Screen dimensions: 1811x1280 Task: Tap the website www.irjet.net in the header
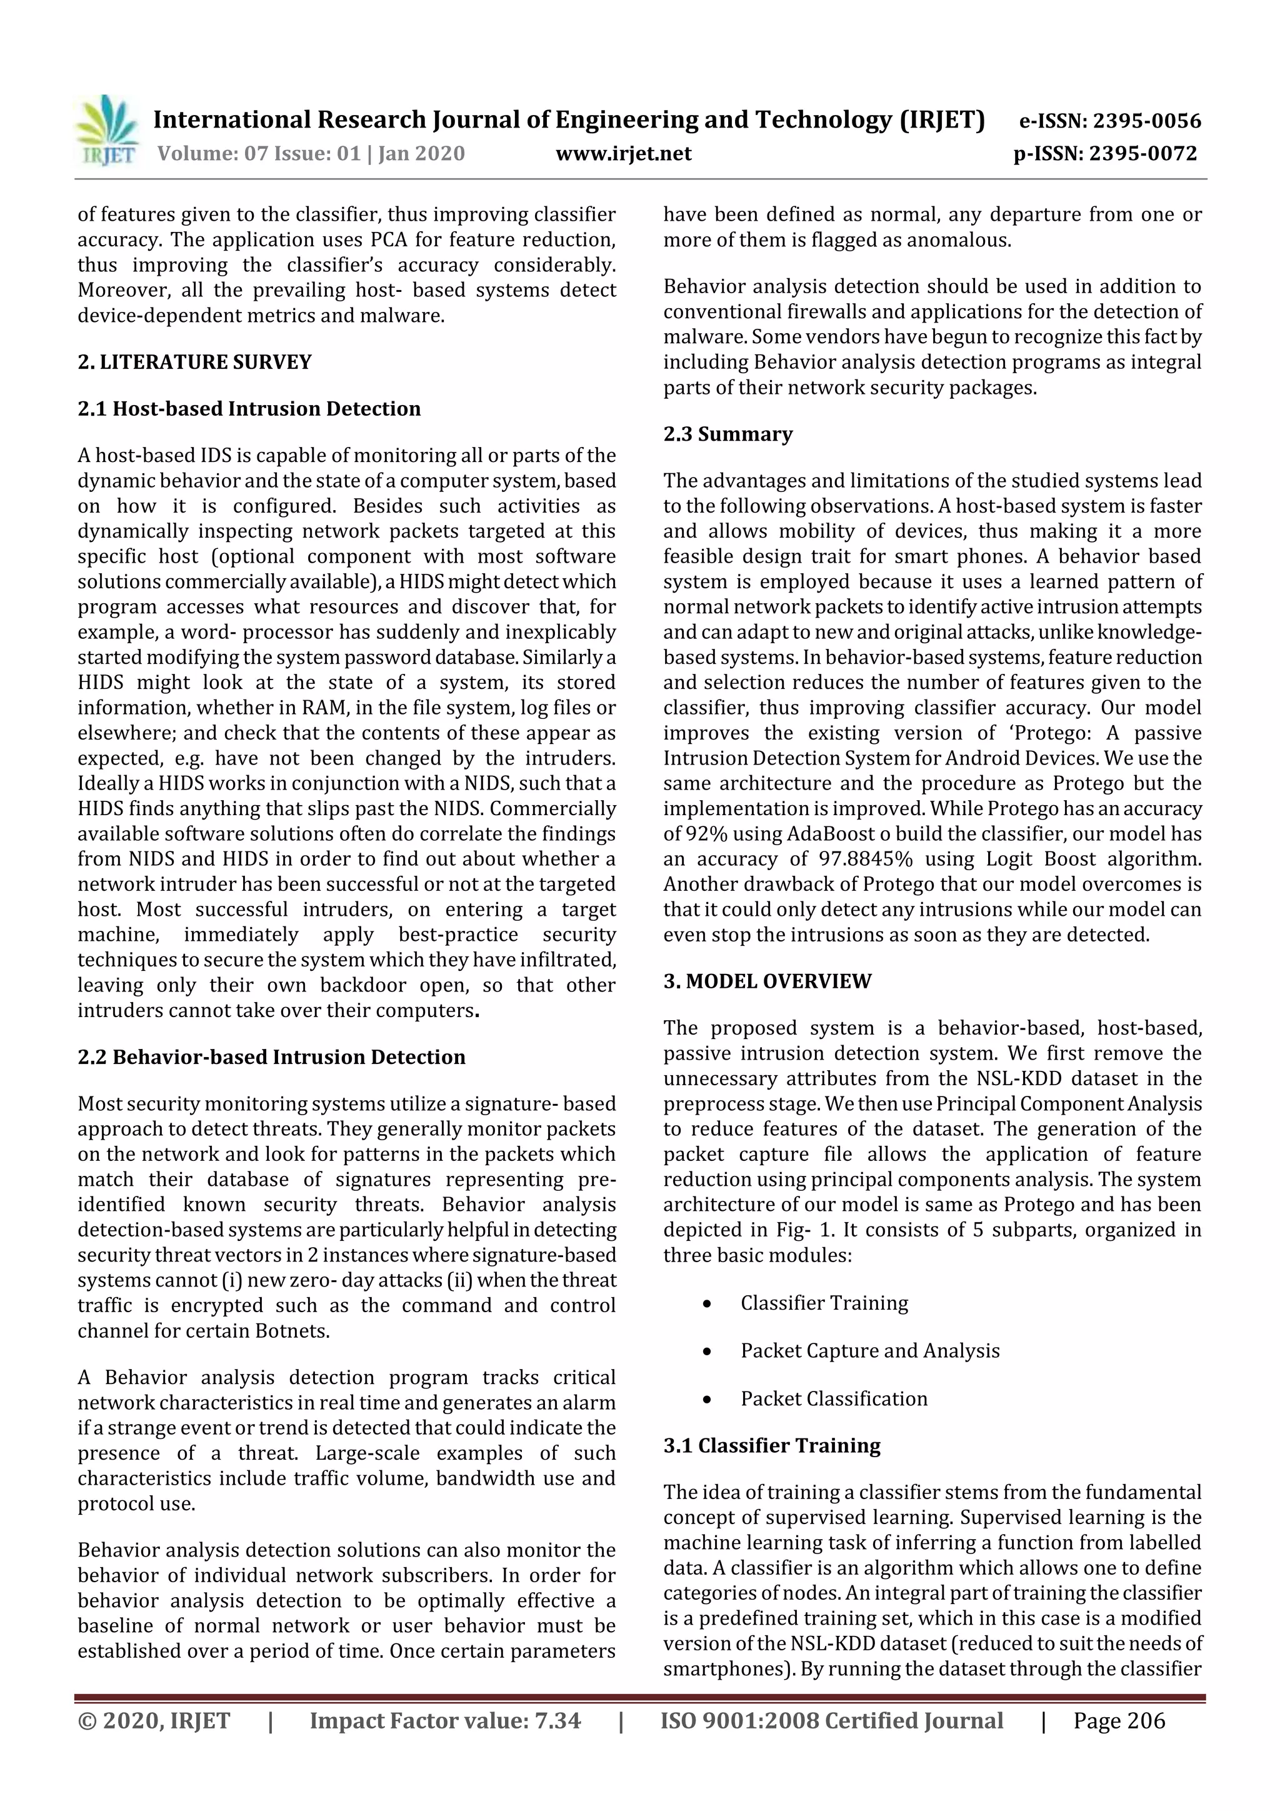(623, 153)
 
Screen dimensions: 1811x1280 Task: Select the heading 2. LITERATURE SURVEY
(195, 362)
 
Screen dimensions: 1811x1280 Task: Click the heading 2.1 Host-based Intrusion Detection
(249, 409)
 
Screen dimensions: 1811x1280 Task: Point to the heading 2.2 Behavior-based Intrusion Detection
(271, 1057)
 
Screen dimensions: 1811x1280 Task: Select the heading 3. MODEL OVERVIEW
(767, 981)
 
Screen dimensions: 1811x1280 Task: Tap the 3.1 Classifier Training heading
(771, 1445)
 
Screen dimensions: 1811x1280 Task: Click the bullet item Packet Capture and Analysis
(869, 1350)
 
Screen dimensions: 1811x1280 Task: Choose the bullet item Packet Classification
(834, 1398)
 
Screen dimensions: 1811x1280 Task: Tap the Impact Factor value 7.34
(557, 1720)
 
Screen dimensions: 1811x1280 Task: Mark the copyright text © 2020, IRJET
(154, 1720)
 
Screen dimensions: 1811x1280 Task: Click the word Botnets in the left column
(290, 1331)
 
